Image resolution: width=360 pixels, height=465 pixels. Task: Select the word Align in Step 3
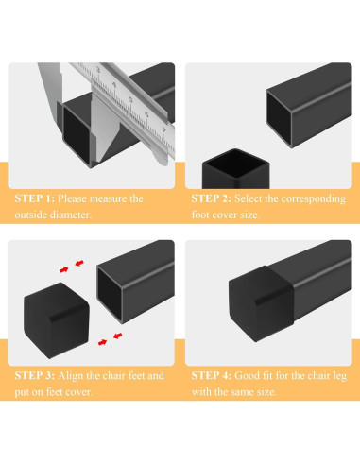click(x=77, y=375)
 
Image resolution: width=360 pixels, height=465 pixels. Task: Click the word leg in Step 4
click(x=336, y=375)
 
